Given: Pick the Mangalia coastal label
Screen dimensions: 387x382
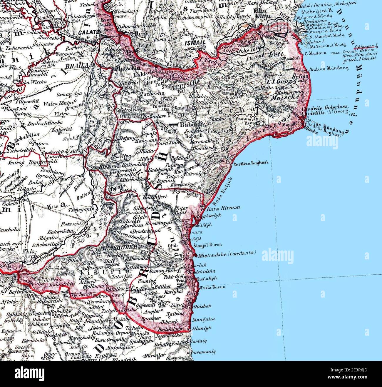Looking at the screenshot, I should tap(203, 318).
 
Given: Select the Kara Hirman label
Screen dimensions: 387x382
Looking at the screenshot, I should tap(223, 208).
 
